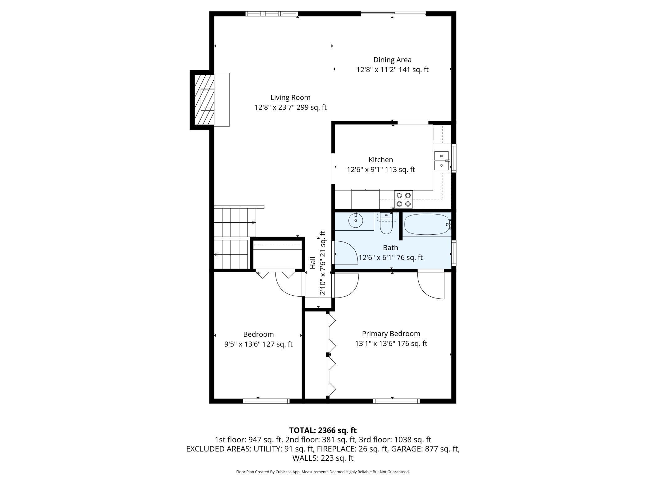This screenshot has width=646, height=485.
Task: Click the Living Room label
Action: [290, 97]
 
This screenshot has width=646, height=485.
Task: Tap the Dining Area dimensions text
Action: [392, 70]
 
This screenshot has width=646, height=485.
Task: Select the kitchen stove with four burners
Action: [403, 199]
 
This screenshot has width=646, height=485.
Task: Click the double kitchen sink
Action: [441, 160]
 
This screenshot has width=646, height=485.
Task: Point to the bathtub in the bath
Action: [426, 224]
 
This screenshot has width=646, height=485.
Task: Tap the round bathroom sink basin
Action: [356, 221]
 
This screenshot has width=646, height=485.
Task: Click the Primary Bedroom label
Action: [391, 334]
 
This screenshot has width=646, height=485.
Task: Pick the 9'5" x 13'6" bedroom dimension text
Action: [258, 344]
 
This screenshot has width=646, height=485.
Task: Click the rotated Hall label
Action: [313, 263]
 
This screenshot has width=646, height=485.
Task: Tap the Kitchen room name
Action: [380, 159]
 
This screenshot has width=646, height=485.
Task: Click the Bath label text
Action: [390, 247]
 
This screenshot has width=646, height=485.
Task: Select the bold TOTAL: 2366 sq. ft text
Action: [323, 430]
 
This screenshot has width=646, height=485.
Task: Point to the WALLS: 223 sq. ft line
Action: [323, 458]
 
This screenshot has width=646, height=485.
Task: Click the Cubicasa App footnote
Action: [323, 472]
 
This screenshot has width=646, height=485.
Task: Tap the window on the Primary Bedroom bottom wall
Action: [396, 401]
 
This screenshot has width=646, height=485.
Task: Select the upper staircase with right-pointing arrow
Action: [235, 222]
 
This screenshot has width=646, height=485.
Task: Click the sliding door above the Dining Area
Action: [393, 14]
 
